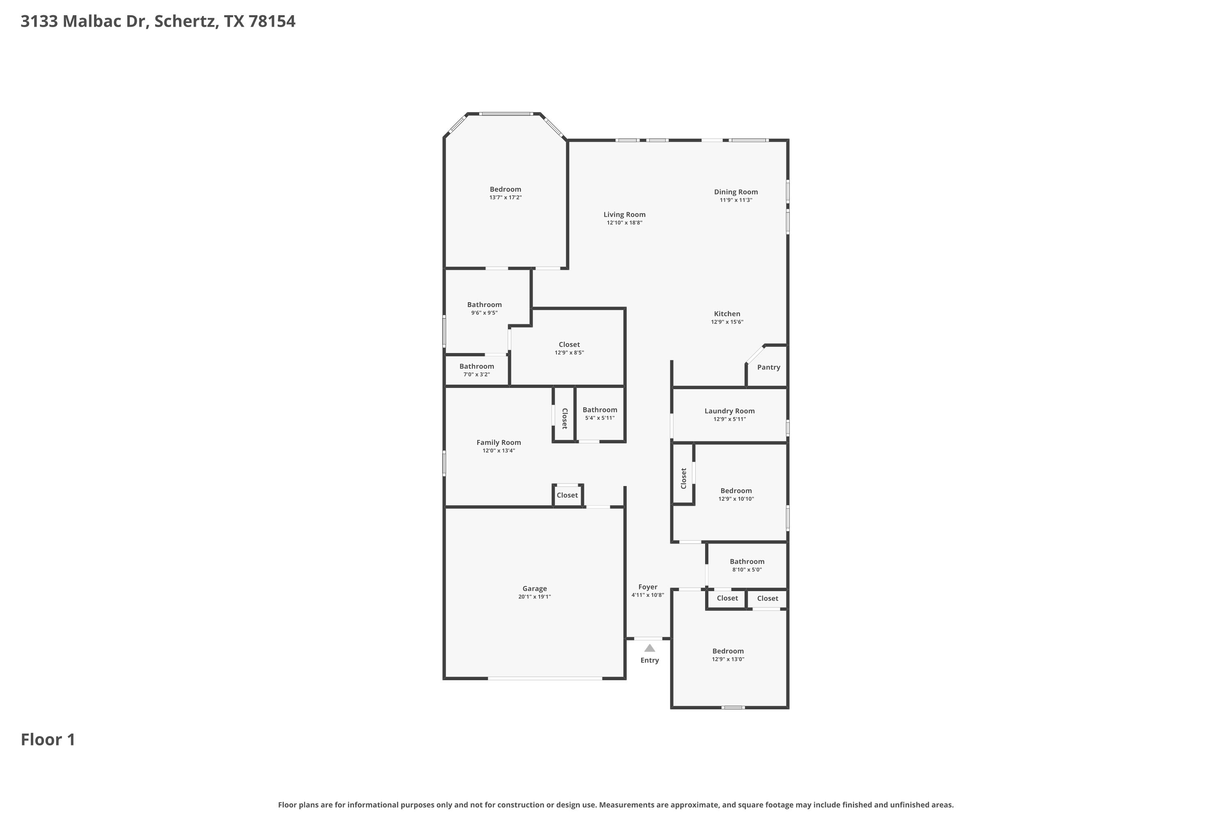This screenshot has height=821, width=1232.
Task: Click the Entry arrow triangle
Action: point(650,648)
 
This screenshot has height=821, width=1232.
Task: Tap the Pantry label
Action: point(768,367)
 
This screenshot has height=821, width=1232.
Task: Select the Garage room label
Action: point(534,589)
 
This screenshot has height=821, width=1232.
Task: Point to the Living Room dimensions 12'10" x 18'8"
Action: point(624,222)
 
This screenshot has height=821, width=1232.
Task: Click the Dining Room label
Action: point(736,192)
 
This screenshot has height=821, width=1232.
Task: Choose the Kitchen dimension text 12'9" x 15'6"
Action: point(727,322)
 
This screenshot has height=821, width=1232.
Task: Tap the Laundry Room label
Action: point(730,411)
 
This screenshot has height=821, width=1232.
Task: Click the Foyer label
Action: point(648,587)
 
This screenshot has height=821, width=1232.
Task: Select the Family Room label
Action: point(499,443)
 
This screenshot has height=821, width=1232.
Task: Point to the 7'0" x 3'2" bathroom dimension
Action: point(477,374)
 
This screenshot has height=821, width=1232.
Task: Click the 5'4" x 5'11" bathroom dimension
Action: point(600,418)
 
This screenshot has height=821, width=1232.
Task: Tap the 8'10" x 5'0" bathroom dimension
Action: point(747,570)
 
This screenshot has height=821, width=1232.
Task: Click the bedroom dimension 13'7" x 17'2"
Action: point(506,197)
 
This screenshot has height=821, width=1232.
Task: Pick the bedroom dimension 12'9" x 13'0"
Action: point(728,659)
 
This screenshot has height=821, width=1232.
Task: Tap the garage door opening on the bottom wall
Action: point(545,679)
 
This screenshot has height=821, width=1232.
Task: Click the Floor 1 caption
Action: point(48,739)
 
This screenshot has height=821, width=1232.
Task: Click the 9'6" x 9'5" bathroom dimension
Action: point(485,312)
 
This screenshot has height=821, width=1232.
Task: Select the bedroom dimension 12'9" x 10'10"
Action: point(736,499)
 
